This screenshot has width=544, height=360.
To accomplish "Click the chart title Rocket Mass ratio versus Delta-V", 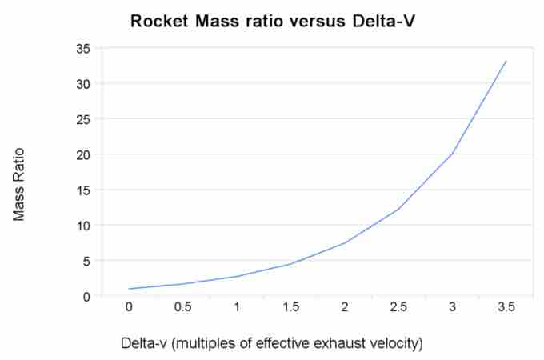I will pyautogui.click(x=272, y=22).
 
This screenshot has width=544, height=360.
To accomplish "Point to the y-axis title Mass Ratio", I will pyautogui.click(x=20, y=184).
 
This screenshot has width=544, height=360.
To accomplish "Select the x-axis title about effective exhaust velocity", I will pyautogui.click(x=271, y=343).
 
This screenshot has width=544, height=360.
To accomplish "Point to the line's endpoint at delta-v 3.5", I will pyautogui.click(x=506, y=61).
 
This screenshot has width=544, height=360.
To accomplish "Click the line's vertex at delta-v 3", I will pyautogui.click(x=453, y=153).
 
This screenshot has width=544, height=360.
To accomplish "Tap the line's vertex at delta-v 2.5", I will pyautogui.click(x=398, y=210).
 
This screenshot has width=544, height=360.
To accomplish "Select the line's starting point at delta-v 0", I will pyautogui.click(x=130, y=289).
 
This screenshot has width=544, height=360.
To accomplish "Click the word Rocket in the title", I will pyautogui.click(x=157, y=22).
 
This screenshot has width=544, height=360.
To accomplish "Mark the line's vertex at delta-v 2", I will pyautogui.click(x=345, y=243).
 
